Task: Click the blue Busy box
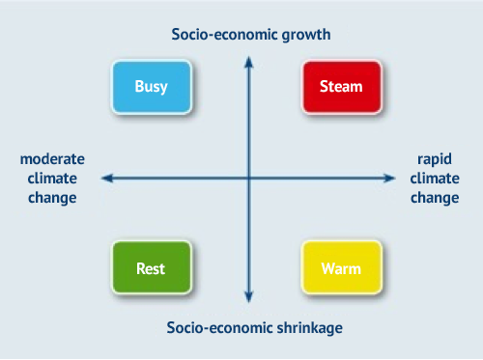pos(152,87)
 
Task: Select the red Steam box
pos(341,87)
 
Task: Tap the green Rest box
pos(152,267)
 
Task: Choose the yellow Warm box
pos(341,267)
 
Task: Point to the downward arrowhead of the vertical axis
pos(249,298)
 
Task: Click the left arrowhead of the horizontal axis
pos(106,178)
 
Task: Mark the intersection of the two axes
pos(249,178)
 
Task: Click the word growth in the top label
pos(305,35)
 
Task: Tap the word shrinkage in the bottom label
pos(310,327)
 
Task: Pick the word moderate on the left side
pos(52,158)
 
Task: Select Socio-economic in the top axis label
pos(215,35)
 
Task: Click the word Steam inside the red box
pos(341,87)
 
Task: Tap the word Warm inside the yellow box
pos(341,267)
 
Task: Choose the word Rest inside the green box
pos(152,267)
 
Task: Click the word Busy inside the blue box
pos(152,87)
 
